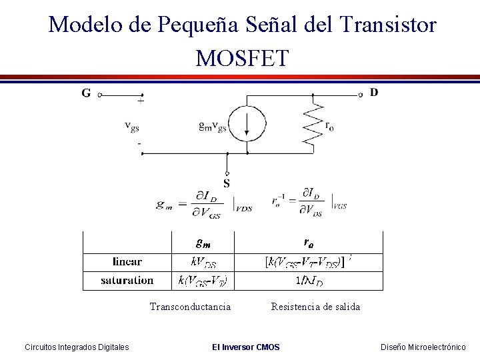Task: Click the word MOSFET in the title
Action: click(x=242, y=58)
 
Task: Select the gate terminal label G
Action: click(x=86, y=93)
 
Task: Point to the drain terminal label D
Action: click(x=373, y=92)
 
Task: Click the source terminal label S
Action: click(x=227, y=183)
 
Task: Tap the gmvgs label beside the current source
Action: click(x=213, y=125)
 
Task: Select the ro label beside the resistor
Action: click(x=329, y=125)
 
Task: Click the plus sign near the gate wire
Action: click(x=140, y=102)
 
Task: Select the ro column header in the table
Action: click(x=309, y=241)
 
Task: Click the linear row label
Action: click(x=127, y=261)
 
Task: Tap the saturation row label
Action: click(x=127, y=280)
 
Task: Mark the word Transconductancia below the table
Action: click(x=191, y=307)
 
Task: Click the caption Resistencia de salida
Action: click(x=315, y=307)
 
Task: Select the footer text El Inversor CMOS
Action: click(x=245, y=347)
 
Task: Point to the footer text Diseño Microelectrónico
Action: click(x=423, y=347)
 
